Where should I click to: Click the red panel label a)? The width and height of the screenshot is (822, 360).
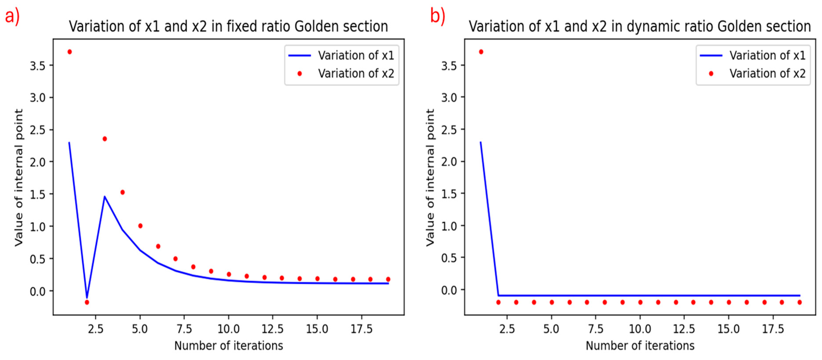pos(12,16)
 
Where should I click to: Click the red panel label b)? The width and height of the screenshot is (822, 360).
pos(438,16)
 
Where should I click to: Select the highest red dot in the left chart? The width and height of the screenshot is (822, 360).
pos(69,52)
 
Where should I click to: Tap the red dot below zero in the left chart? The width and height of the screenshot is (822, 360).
pos(87,302)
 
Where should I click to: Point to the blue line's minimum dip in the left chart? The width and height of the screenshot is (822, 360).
pos(87,297)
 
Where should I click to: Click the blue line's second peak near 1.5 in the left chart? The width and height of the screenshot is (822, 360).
pos(105,197)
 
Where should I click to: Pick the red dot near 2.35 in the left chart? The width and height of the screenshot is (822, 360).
pos(105,139)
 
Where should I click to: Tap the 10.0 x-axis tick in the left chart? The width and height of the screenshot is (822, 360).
pos(228,329)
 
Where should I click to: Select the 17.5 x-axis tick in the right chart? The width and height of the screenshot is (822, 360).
pos(773,329)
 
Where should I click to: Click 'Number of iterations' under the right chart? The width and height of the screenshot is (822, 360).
pos(640,346)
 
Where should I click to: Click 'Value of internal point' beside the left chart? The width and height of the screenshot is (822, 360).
pos(19,177)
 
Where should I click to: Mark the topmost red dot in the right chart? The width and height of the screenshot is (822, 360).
pos(481,52)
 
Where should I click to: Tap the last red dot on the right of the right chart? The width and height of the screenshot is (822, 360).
pos(799,302)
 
